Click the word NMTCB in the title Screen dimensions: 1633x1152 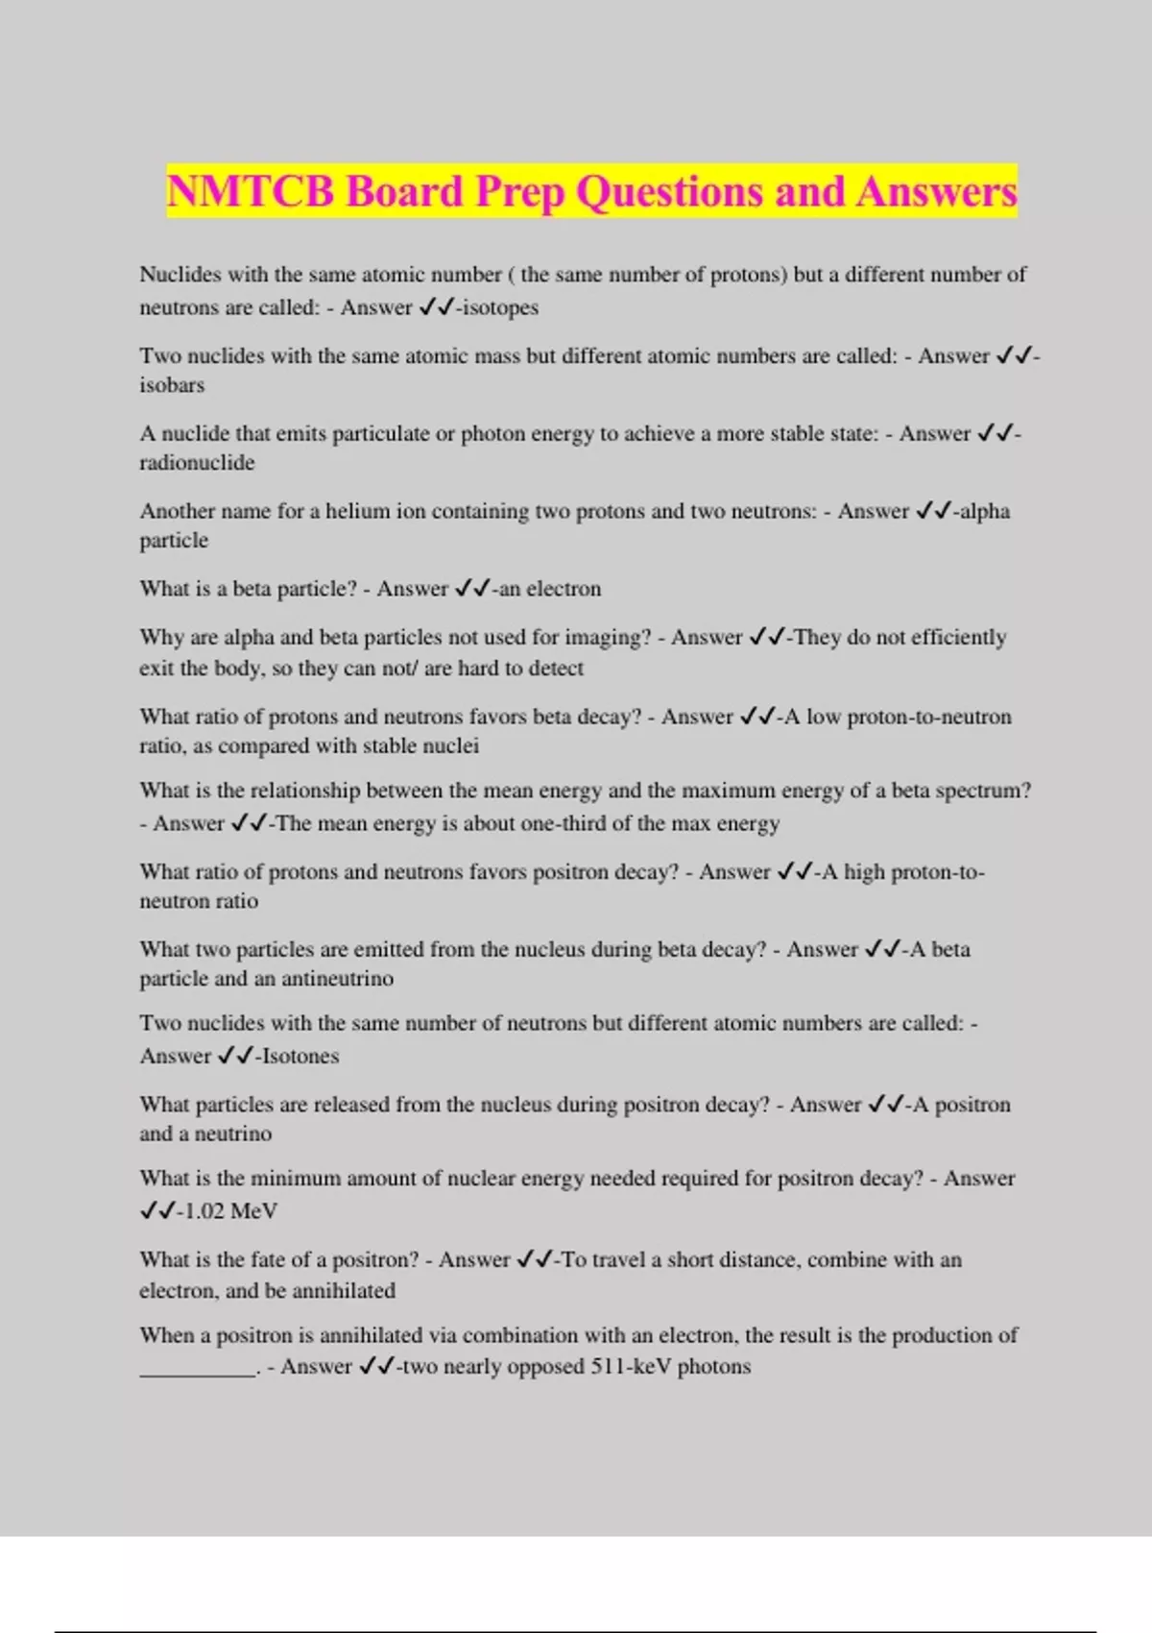(251, 191)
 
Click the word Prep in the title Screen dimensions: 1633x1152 (519, 193)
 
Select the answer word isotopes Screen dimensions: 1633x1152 (500, 307)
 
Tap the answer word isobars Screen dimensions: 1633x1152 (172, 385)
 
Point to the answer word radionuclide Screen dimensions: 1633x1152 (197, 463)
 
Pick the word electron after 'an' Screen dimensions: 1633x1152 (564, 589)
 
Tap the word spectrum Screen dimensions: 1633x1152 (983, 791)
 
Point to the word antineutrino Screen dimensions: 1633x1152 (337, 979)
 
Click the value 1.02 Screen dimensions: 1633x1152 (204, 1211)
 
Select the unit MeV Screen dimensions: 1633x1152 (253, 1211)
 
